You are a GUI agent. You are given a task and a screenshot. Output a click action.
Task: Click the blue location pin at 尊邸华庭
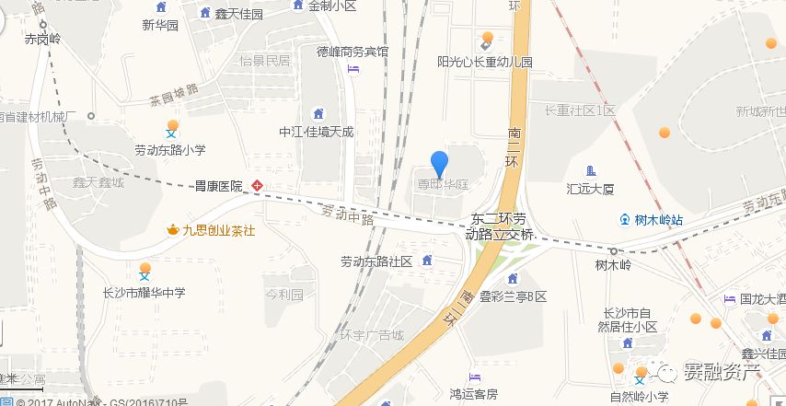440,163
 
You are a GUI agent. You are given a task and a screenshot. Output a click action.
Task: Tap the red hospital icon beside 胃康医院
258,185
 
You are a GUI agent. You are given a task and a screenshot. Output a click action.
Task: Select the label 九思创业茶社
218,229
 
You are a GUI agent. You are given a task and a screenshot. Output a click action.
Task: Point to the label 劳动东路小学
170,149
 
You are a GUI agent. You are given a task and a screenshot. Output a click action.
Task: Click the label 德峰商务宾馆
353,52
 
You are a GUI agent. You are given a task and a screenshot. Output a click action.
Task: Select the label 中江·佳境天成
316,132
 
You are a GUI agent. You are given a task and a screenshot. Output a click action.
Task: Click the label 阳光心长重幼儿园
485,63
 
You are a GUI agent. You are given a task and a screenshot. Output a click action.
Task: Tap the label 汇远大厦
590,189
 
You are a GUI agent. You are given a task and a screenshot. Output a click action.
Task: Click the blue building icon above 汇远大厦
591,170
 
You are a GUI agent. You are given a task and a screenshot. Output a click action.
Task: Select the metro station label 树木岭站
658,220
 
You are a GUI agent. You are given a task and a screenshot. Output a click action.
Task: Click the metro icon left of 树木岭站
626,220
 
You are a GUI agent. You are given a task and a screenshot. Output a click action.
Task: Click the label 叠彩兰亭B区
513,296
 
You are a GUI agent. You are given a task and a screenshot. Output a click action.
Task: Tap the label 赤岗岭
42,40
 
